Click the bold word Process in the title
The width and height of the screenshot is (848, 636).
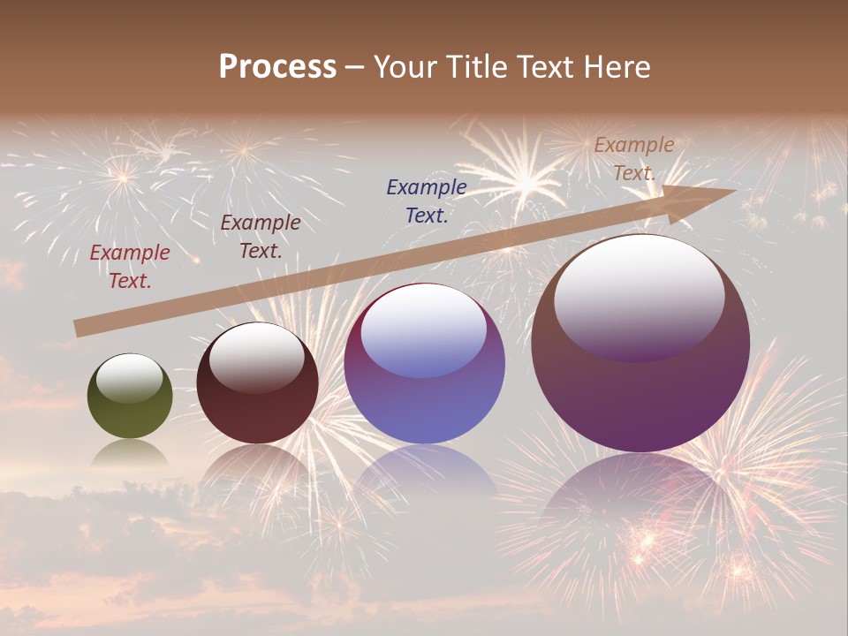click(277, 67)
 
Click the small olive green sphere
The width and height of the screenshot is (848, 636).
click(130, 396)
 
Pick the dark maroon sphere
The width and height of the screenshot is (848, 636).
click(257, 383)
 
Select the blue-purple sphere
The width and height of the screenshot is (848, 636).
click(425, 363)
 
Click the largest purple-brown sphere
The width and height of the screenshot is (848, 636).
click(640, 344)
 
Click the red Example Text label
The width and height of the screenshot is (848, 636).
click(130, 267)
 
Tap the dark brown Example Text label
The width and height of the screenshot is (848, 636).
click(261, 237)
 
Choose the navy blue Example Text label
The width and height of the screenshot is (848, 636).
click(427, 201)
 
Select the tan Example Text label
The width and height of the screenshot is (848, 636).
click(634, 159)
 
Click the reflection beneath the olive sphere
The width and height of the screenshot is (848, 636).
click(130, 454)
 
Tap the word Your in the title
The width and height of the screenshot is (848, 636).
click(404, 67)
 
